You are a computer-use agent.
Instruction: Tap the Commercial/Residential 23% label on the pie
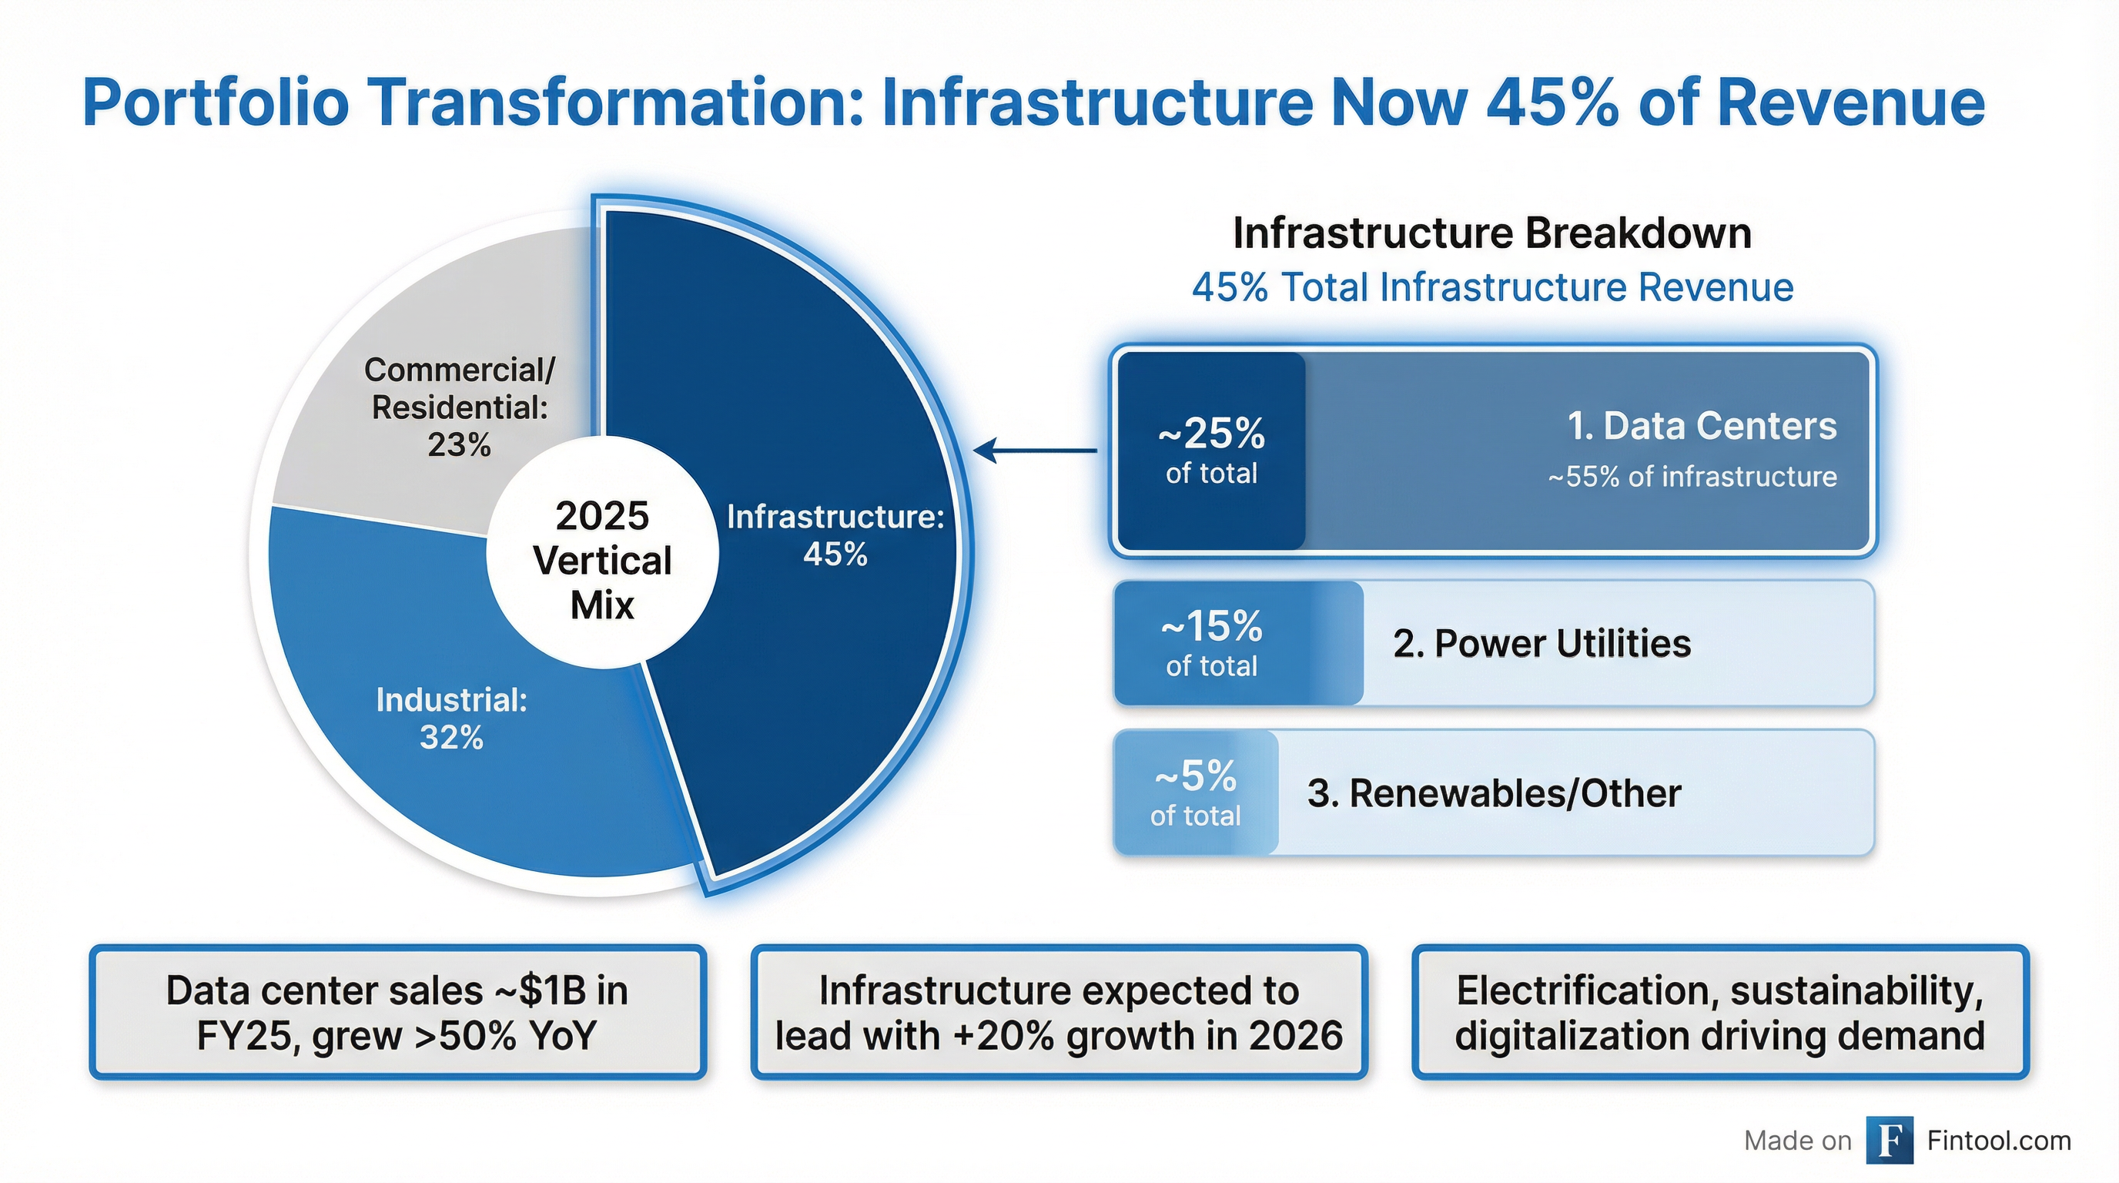pyautogui.click(x=459, y=407)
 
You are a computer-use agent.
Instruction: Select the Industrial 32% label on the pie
pyautogui.click(x=452, y=718)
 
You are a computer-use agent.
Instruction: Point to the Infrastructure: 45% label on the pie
pyautogui.click(x=835, y=535)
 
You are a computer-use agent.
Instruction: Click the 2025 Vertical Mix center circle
pyautogui.click(x=602, y=560)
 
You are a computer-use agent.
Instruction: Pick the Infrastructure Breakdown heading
pyautogui.click(x=1491, y=233)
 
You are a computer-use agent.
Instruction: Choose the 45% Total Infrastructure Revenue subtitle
pyautogui.click(x=1491, y=287)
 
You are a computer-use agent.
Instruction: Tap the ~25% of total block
pyautogui.click(x=1211, y=450)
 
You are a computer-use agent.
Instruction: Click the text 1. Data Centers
pyautogui.click(x=1701, y=426)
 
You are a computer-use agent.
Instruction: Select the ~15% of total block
pyautogui.click(x=1211, y=643)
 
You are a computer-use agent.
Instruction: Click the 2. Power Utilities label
pyautogui.click(x=1542, y=643)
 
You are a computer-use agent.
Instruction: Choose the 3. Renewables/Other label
pyautogui.click(x=1494, y=794)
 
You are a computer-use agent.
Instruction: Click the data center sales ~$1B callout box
pyautogui.click(x=397, y=1012)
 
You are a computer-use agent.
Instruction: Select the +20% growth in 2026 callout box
pyautogui.click(x=1059, y=1012)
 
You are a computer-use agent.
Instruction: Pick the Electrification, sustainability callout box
pyautogui.click(x=1720, y=1012)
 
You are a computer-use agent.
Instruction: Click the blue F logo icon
pyautogui.click(x=1889, y=1140)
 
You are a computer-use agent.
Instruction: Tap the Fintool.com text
pyautogui.click(x=1999, y=1140)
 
